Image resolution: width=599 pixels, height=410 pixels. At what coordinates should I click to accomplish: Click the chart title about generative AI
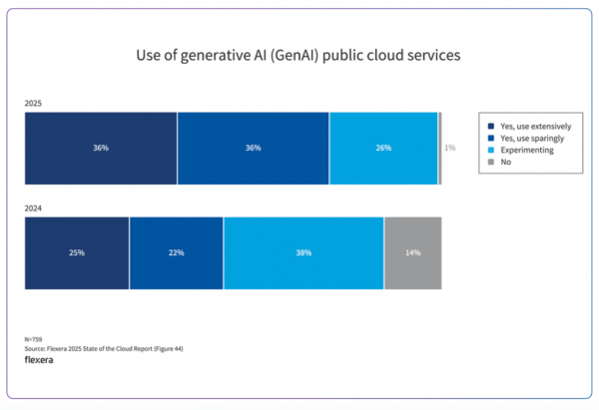click(x=299, y=56)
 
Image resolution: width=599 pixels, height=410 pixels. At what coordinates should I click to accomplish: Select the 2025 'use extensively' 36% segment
click(x=101, y=149)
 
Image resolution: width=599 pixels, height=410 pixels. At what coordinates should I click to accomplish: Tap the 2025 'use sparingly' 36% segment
click(x=254, y=149)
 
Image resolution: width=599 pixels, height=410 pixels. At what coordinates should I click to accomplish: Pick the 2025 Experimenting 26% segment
click(x=383, y=149)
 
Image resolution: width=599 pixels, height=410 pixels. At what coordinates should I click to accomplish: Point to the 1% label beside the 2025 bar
click(x=450, y=149)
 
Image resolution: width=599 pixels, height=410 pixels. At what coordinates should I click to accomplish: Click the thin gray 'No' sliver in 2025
click(x=439, y=149)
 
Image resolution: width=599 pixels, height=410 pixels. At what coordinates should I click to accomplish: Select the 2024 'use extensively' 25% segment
click(x=77, y=253)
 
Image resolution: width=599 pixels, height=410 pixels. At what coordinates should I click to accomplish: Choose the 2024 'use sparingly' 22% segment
click(x=176, y=253)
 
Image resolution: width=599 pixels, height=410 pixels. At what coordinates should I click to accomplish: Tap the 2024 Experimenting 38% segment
click(x=303, y=253)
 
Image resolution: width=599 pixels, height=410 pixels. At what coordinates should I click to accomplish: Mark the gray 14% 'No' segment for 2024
click(x=412, y=253)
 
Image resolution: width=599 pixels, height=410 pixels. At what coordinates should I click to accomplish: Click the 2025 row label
click(x=34, y=103)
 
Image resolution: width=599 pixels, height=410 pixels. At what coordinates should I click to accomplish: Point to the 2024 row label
click(x=34, y=207)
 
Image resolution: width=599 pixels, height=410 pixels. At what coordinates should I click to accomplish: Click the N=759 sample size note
click(x=34, y=339)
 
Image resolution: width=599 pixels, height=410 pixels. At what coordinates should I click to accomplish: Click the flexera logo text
click(x=39, y=360)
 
